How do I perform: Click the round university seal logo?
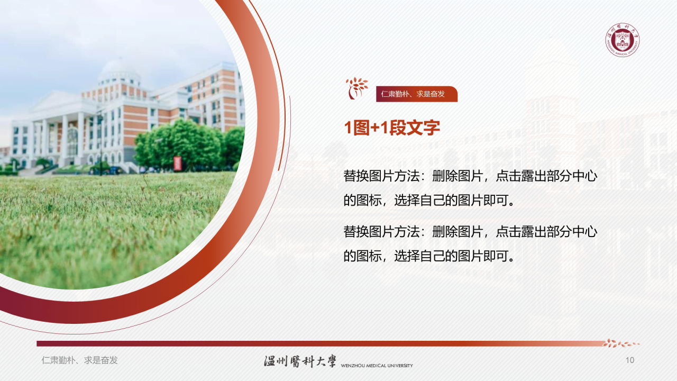623,40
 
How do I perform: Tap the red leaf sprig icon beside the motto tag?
356,88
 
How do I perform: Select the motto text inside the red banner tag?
413,94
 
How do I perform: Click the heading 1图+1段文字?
392,128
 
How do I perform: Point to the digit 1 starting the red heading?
348,128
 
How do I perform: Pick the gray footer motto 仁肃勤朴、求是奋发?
80,360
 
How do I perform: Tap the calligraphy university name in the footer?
300,361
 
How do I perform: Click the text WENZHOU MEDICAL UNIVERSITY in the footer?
377,366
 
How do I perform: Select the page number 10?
629,360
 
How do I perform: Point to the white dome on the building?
120,68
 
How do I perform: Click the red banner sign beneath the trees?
177,164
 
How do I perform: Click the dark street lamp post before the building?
100,143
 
